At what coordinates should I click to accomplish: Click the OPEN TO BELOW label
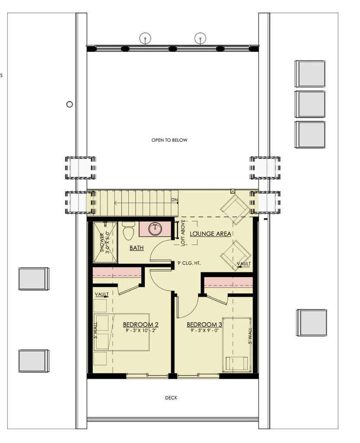[x=169, y=140]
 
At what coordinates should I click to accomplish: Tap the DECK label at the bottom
[x=171, y=398]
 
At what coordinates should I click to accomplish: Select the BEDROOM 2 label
[x=140, y=324]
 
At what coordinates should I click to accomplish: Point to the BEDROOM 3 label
[x=204, y=324]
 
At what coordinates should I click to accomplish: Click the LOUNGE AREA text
[x=210, y=234]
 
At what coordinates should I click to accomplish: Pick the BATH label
[x=137, y=248]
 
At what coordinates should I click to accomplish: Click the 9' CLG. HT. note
[x=189, y=263]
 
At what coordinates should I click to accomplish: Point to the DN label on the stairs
[x=175, y=200]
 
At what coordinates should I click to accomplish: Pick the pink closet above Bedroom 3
[x=228, y=282]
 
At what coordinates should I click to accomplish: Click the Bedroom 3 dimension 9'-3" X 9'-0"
[x=204, y=331]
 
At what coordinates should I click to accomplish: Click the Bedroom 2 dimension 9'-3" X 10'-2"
[x=140, y=331]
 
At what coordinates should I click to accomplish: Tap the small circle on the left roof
[x=70, y=104]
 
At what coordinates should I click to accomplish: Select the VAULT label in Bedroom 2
[x=102, y=295]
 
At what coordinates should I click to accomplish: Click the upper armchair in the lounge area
[x=235, y=209]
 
